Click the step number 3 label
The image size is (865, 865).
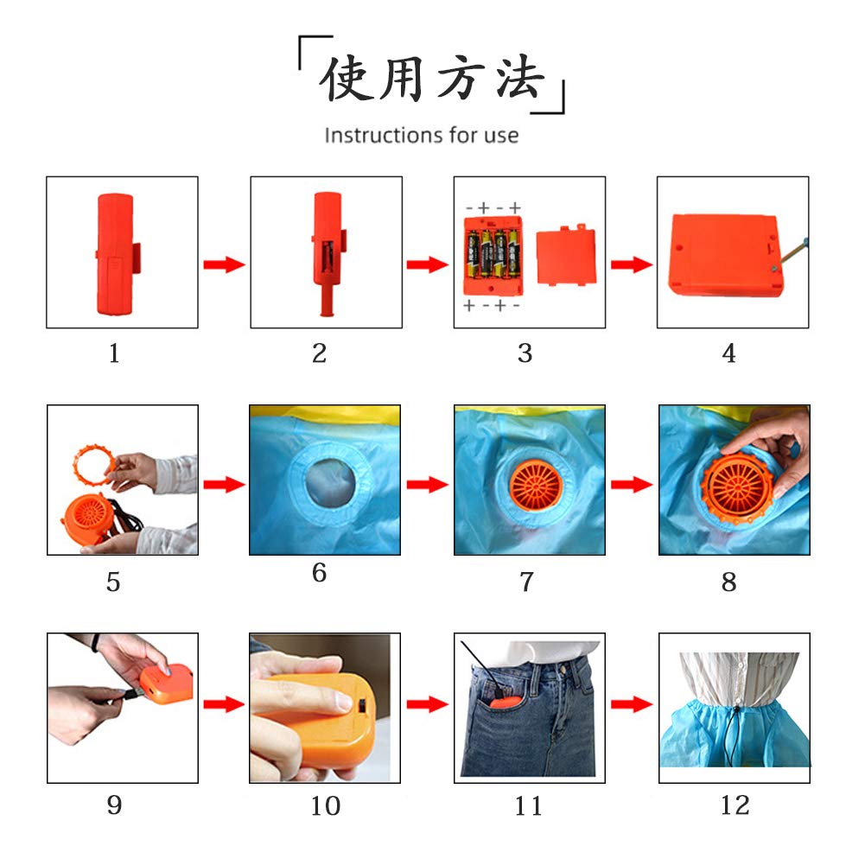[x=525, y=353]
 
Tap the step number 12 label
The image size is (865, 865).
[x=735, y=805]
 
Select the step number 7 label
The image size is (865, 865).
[x=527, y=582]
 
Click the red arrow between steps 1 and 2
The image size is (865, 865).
[x=224, y=264]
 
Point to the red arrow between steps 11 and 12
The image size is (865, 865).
[x=632, y=704]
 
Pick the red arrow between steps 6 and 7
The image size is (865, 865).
[x=428, y=485]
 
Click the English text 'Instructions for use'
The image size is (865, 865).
[x=422, y=135]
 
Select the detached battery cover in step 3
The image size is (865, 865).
[x=566, y=256]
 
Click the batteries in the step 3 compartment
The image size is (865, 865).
[x=493, y=254]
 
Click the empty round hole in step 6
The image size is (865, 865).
[x=330, y=483]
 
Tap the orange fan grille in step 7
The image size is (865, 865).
[x=537, y=486]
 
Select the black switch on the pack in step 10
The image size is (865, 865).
[x=363, y=706]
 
